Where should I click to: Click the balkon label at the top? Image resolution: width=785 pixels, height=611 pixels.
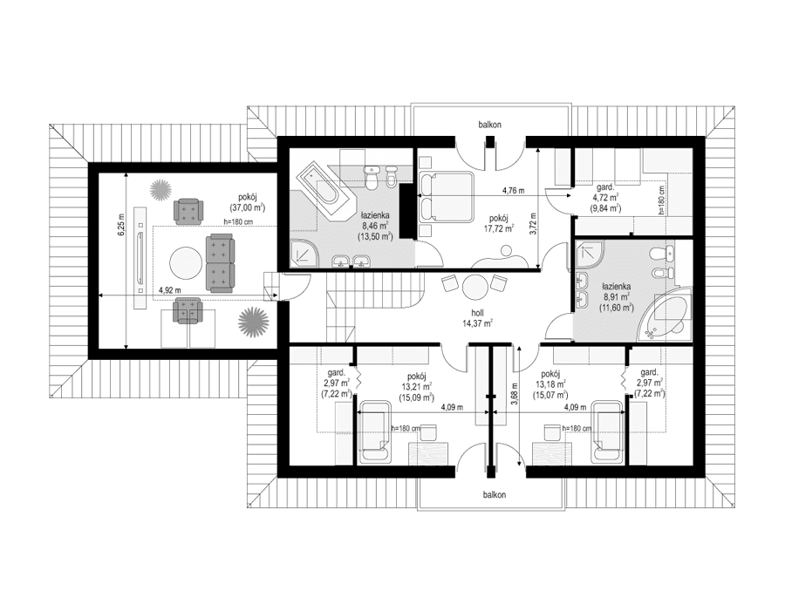tap(489, 125)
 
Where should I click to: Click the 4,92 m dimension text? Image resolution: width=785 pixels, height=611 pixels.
tap(169, 290)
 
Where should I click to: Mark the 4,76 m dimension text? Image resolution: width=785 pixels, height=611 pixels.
tap(515, 189)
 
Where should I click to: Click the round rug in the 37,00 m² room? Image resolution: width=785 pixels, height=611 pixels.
tap(184, 262)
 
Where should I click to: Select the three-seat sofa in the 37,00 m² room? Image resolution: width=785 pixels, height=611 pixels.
tap(221, 262)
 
